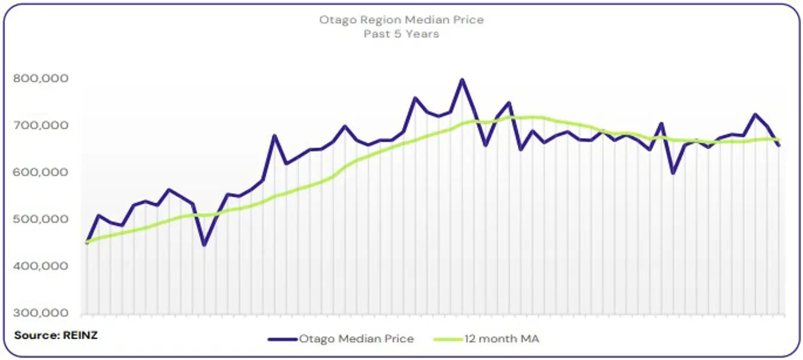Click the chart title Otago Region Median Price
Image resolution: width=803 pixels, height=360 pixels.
[x=401, y=20]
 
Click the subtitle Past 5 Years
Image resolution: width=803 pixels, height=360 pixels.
[x=401, y=34]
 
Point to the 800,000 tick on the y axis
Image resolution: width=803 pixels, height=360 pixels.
[x=40, y=79]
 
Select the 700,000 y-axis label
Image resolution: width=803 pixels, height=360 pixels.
[x=40, y=125]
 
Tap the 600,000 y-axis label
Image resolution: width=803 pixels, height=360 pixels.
[x=40, y=172]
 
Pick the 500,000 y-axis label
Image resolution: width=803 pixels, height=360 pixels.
[x=40, y=220]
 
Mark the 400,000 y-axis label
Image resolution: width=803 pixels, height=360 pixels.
[x=40, y=266]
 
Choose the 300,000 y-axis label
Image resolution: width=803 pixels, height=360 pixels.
[x=40, y=313]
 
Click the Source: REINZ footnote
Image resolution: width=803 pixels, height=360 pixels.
[x=56, y=335]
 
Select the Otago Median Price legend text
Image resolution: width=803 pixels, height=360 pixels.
[x=356, y=339]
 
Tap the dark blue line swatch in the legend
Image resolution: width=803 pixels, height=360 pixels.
[x=282, y=339]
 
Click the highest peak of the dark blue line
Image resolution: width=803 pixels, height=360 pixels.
[x=462, y=79]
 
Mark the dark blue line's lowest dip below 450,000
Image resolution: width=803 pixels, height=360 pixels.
[x=204, y=245]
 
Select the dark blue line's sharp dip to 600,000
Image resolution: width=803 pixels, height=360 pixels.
[x=673, y=173]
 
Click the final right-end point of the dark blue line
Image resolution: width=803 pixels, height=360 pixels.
[x=780, y=145]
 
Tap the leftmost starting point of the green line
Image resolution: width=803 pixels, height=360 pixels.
[x=87, y=242]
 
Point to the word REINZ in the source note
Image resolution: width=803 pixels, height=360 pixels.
[x=80, y=335]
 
